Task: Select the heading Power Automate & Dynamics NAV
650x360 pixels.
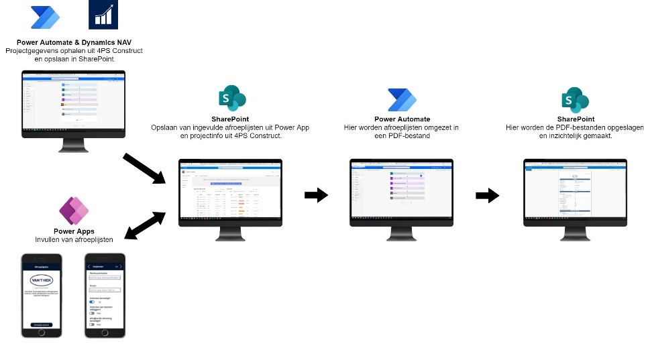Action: [74, 42]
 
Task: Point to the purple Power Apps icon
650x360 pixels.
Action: [73, 212]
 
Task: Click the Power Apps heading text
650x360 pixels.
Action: [73, 231]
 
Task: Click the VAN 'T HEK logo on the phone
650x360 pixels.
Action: [42, 281]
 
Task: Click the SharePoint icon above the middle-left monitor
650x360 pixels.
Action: [231, 99]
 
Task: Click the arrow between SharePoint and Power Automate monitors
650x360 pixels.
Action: [317, 195]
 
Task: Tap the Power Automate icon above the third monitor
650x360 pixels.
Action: [402, 99]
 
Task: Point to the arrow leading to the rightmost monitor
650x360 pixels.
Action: [488, 195]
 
